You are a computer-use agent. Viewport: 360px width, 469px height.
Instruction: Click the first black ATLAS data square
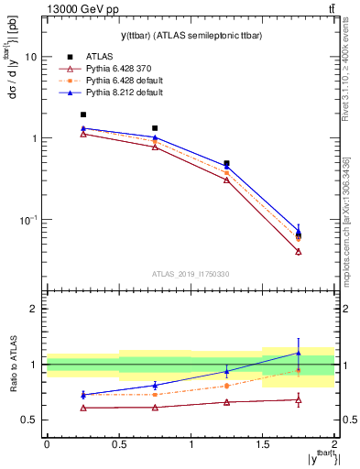(x=83, y=115)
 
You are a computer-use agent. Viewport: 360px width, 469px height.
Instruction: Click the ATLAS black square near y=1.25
(x=226, y=164)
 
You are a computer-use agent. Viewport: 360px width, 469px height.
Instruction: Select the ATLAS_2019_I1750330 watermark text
(x=190, y=274)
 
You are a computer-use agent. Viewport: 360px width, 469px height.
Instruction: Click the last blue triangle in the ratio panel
(x=299, y=353)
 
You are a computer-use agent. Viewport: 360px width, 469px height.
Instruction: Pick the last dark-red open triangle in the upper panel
(x=299, y=251)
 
